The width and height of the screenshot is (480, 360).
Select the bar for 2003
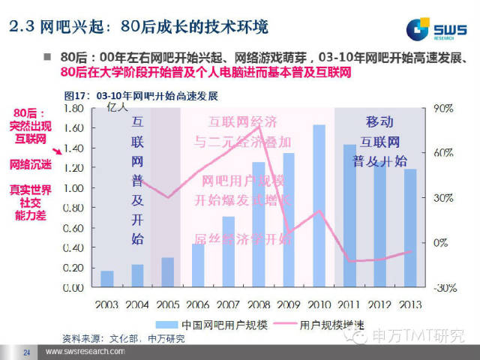107,279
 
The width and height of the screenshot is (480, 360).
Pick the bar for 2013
409,228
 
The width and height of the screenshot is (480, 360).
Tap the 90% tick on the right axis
442,109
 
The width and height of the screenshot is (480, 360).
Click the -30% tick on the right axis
442,288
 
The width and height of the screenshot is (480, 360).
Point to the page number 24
27,352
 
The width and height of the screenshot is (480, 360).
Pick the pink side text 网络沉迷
31,163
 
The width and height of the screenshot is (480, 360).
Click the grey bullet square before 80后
46,57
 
